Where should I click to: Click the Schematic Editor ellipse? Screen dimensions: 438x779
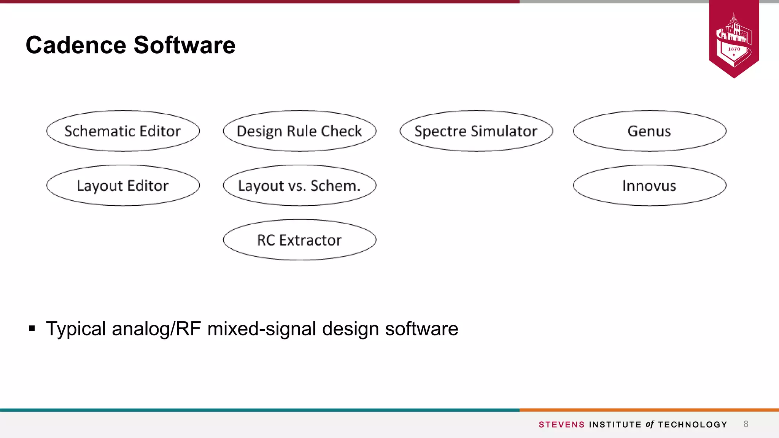pyautogui.click(x=123, y=131)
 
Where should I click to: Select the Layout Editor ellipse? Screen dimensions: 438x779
pyautogui.click(x=123, y=186)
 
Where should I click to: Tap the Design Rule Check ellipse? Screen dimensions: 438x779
pyautogui.click(x=299, y=131)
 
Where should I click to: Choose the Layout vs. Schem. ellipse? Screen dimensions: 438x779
pyautogui.click(x=299, y=186)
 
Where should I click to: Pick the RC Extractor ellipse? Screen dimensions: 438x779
pyautogui.click(x=299, y=240)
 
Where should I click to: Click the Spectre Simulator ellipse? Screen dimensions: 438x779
pyautogui.click(x=476, y=131)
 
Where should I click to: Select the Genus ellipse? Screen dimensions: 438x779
pyautogui.click(x=649, y=131)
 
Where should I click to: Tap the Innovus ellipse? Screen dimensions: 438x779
pyautogui.click(x=649, y=186)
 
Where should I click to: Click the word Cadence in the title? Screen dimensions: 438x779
pyautogui.click(x=76, y=45)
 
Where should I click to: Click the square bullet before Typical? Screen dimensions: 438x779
pyautogui.click(x=32, y=328)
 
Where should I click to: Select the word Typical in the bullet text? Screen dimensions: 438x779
pyautogui.click(x=76, y=329)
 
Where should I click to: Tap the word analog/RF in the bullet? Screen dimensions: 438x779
pyautogui.click(x=156, y=329)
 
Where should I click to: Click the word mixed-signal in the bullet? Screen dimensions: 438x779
pyautogui.click(x=262, y=329)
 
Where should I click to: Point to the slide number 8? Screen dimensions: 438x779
pyautogui.click(x=746, y=424)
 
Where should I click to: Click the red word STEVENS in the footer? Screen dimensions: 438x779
pyautogui.click(x=561, y=425)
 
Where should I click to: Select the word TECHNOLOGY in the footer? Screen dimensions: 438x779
pyautogui.click(x=692, y=425)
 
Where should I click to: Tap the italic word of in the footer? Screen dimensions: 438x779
pyautogui.click(x=650, y=424)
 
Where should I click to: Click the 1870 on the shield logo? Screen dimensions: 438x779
pyautogui.click(x=734, y=49)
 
